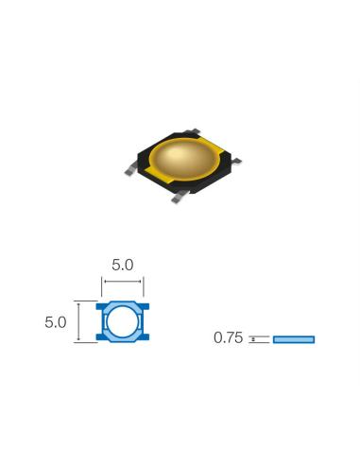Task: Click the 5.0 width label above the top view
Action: pos(122,267)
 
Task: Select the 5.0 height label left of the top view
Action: pos(55,322)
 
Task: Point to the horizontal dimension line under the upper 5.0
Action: pos(122,281)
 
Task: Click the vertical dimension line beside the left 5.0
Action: pos(78,321)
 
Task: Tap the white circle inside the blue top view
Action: pos(121,322)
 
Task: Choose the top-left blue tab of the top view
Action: pos(101,307)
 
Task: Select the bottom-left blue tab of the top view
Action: pos(101,337)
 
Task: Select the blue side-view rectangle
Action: pos(293,339)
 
